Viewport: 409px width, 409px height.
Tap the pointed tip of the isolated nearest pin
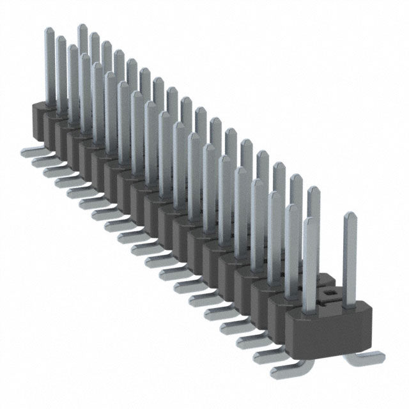pos(350,215)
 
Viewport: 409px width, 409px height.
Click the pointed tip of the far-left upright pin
pos(49,31)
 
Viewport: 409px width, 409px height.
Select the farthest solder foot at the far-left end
pos(29,151)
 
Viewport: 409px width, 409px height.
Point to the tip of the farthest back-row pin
pos(82,27)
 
